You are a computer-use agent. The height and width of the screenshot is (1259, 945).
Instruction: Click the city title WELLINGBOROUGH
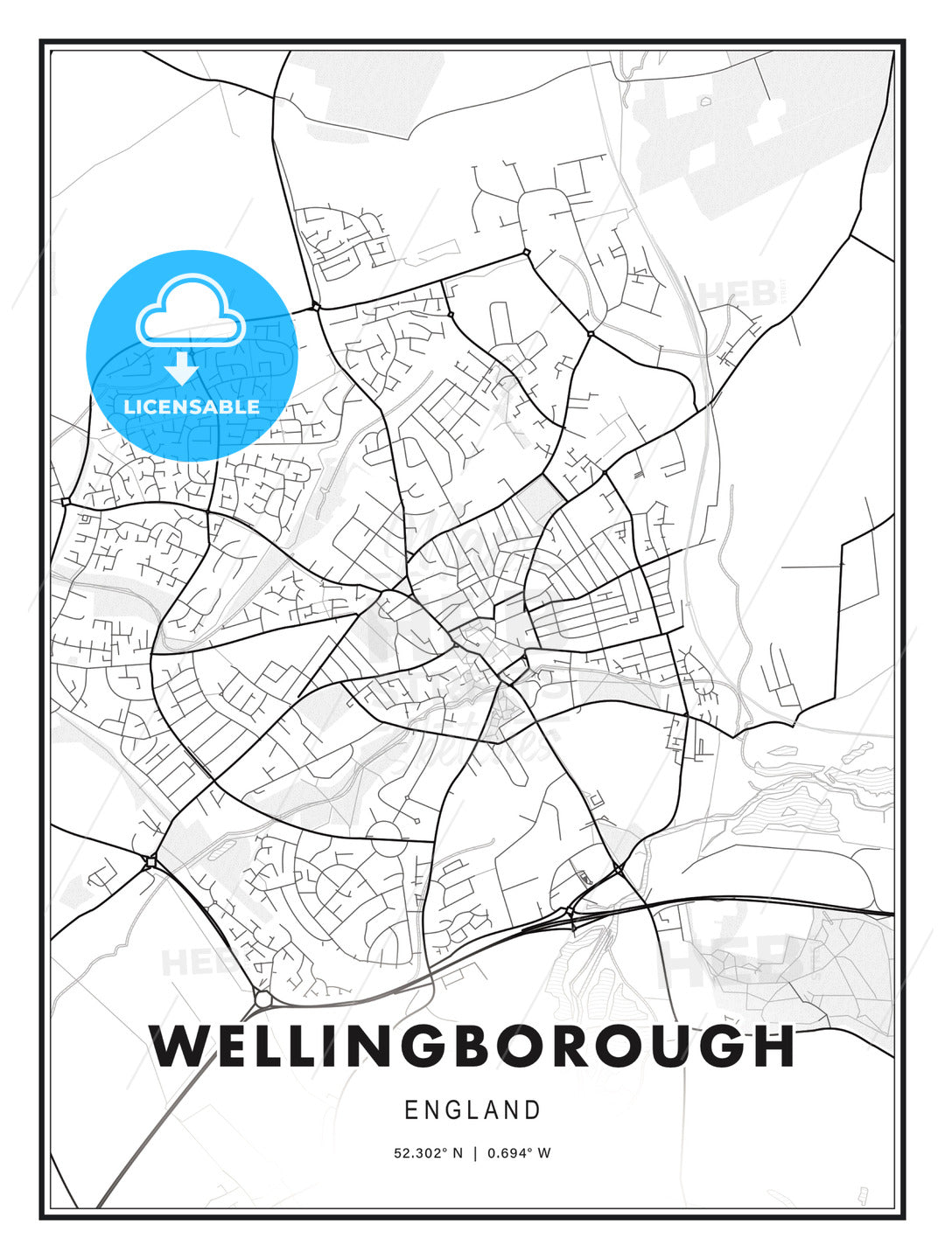click(472, 1046)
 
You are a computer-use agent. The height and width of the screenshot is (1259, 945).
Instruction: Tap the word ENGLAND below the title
click(472, 1110)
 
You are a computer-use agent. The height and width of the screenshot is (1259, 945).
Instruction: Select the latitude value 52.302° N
click(428, 1153)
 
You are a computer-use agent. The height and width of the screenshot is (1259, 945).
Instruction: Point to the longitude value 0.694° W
click(519, 1153)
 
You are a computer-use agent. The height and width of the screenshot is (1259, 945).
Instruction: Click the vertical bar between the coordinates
click(475, 1153)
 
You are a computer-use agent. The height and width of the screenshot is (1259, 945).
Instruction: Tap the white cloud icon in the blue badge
click(191, 311)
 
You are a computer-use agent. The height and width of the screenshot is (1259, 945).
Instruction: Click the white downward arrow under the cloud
click(182, 367)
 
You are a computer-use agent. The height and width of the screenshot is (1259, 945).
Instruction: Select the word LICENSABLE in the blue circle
click(191, 407)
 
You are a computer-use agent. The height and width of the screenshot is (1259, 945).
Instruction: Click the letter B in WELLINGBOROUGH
click(479, 1046)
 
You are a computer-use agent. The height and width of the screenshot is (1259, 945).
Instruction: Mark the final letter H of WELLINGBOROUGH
click(773, 1046)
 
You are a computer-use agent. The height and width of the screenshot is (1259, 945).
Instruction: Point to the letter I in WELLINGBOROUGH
click(334, 1046)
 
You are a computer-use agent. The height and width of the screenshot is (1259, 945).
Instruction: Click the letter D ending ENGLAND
click(533, 1110)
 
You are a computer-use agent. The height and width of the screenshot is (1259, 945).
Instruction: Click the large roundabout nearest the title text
click(263, 998)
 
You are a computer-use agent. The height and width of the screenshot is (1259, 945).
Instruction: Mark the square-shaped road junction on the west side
click(150, 862)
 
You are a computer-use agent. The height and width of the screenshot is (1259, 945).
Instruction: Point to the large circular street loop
click(386, 838)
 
